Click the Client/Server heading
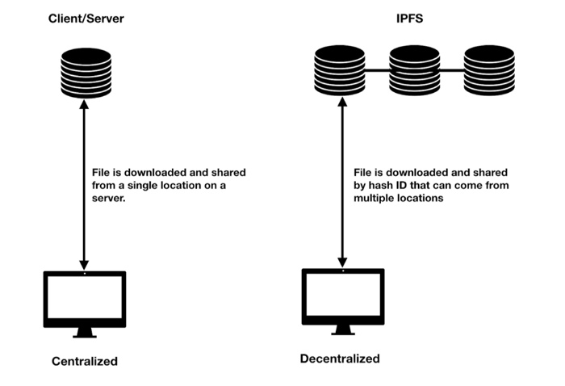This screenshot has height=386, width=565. (x=86, y=19)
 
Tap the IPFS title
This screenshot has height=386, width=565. (x=410, y=19)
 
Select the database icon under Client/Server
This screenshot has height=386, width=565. (x=86, y=73)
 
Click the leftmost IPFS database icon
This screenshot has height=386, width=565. (x=340, y=70)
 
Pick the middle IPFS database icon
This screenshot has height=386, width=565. (x=414, y=70)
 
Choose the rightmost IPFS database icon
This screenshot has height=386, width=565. (x=489, y=70)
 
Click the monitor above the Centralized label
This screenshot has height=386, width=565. (x=85, y=304)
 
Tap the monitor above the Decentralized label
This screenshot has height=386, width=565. (x=343, y=302)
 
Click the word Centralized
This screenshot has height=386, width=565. (x=85, y=361)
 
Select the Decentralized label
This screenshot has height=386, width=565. (x=340, y=359)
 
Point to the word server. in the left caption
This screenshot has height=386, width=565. (x=108, y=198)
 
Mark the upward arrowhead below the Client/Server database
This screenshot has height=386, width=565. (x=84, y=104)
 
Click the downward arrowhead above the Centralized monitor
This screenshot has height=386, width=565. (x=84, y=265)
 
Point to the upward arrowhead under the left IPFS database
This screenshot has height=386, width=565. (x=342, y=102)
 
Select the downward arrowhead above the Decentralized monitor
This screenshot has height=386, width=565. (x=342, y=262)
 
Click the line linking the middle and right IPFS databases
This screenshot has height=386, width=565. (x=452, y=70)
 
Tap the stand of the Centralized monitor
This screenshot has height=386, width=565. (x=85, y=333)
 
